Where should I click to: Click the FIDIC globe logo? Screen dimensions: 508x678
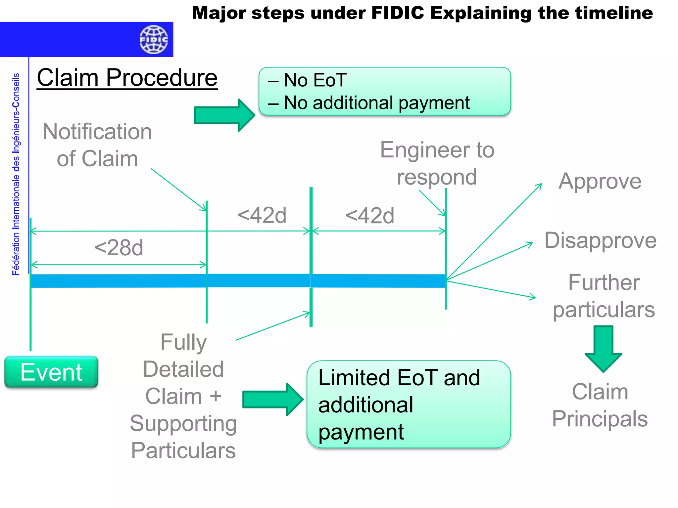(x=153, y=40)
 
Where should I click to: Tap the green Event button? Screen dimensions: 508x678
(x=51, y=372)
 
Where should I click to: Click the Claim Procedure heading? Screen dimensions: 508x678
(x=127, y=78)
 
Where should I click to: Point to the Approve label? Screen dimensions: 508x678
(x=600, y=181)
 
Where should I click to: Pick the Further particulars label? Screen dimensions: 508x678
(x=604, y=296)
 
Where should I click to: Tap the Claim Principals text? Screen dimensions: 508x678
(x=600, y=405)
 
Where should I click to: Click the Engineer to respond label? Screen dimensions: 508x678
(x=437, y=163)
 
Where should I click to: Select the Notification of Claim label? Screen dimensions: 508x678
(x=97, y=145)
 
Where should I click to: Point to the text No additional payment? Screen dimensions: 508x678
(x=377, y=103)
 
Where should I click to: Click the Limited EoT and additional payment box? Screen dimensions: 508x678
(x=409, y=404)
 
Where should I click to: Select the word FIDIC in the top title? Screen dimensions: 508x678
(x=398, y=13)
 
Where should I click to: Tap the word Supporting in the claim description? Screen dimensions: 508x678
(x=183, y=423)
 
